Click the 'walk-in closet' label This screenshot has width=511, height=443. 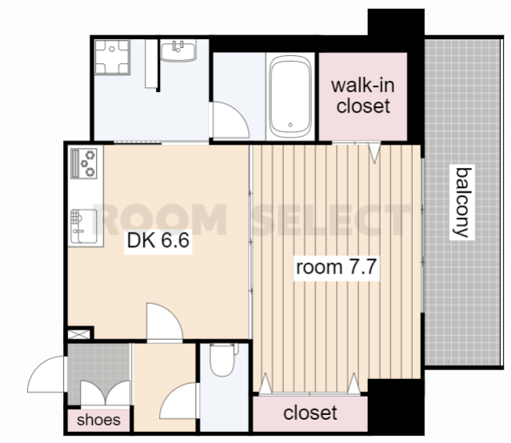click(363, 95)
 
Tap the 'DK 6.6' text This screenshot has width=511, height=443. click(158, 241)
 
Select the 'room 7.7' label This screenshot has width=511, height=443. click(337, 267)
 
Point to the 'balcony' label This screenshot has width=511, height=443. click(462, 202)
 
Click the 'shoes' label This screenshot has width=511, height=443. click(98, 420)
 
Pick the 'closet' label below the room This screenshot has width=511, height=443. click(310, 413)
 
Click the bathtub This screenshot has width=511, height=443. click(290, 97)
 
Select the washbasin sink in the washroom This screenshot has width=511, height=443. click(178, 50)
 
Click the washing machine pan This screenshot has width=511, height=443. click(112, 57)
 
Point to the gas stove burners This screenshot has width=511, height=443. click(84, 163)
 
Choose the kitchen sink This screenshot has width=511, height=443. click(84, 226)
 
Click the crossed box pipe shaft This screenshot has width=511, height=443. click(78, 334)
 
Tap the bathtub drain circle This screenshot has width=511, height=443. click(290, 125)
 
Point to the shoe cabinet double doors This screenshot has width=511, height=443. click(105, 393)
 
